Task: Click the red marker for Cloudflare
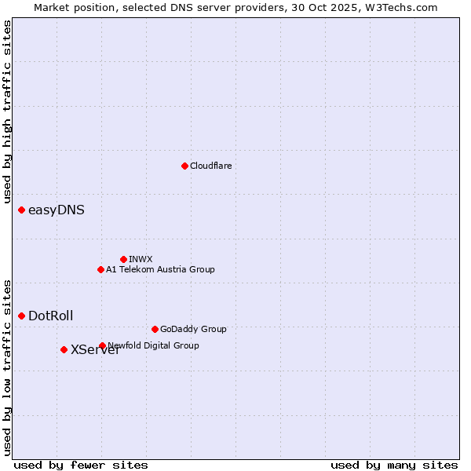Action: pyautogui.click(x=184, y=166)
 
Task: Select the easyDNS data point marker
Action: pyautogui.click(x=21, y=210)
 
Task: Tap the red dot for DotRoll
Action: pyautogui.click(x=21, y=316)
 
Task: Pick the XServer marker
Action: pyautogui.click(x=64, y=349)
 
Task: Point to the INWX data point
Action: pyautogui.click(x=123, y=259)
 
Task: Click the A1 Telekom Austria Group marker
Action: pyautogui.click(x=100, y=269)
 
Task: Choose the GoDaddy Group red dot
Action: pyautogui.click(x=155, y=329)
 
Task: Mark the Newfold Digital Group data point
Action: pyautogui.click(x=102, y=345)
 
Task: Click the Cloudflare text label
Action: pyautogui.click(x=210, y=166)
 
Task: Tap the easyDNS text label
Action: pyautogui.click(x=57, y=210)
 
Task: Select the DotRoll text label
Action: pyautogui.click(x=51, y=316)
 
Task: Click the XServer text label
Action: pyautogui.click(x=95, y=350)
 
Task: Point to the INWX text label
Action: pyautogui.click(x=141, y=259)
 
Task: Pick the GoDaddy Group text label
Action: pyautogui.click(x=193, y=329)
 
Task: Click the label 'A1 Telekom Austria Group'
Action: pyautogui.click(x=160, y=269)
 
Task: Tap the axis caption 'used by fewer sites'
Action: pyautogui.click(x=81, y=465)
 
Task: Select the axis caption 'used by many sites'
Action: pyautogui.click(x=394, y=465)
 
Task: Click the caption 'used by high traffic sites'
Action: pyautogui.click(x=8, y=112)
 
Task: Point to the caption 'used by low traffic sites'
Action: pyautogui.click(x=8, y=367)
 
